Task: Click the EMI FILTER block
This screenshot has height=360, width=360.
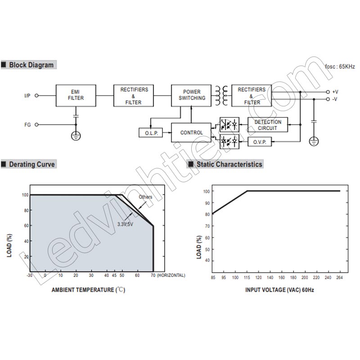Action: (76, 95)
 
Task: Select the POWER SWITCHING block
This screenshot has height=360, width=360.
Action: (191, 95)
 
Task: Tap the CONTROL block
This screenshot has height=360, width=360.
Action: (191, 132)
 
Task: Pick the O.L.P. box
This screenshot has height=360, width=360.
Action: (151, 133)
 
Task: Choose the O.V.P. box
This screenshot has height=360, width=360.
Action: (260, 142)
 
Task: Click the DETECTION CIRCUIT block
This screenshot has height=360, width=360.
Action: (268, 125)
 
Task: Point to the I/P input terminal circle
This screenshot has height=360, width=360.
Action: (36, 95)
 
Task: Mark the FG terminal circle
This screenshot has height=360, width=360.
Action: (36, 125)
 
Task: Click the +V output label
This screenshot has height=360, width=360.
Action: (335, 92)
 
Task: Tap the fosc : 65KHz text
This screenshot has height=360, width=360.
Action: (340, 67)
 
